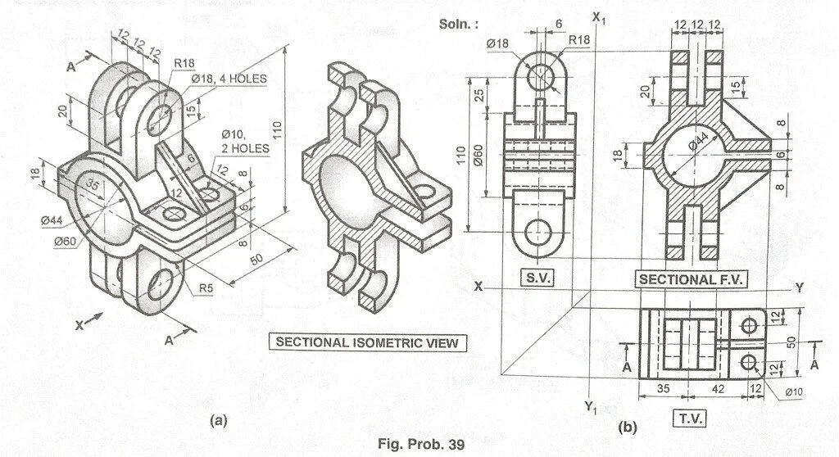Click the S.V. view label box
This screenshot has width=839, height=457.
tap(537, 278)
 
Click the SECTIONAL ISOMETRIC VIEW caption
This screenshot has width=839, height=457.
tap(370, 342)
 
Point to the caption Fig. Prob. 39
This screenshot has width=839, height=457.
tap(420, 445)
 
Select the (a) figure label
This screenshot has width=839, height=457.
tap(217, 420)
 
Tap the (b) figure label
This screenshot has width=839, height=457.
tap(627, 427)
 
